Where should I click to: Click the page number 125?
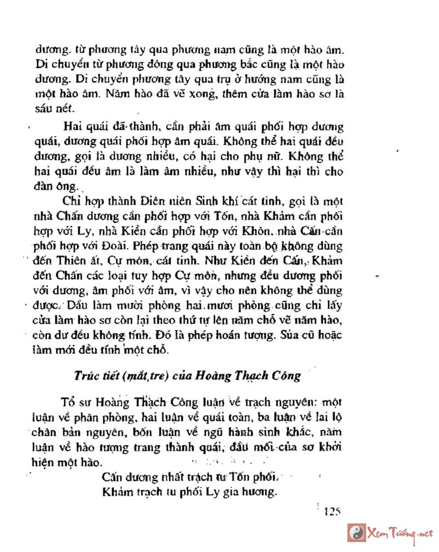333,512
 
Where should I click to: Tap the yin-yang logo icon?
357,533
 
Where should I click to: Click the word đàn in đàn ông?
46,186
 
